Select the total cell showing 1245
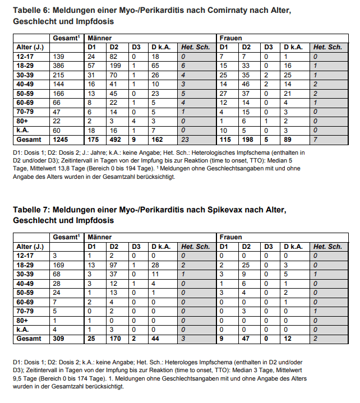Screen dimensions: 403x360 point(59,138)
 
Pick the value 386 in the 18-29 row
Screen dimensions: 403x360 point(58,66)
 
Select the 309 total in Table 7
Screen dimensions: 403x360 point(58,338)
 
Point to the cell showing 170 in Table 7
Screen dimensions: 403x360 point(116,338)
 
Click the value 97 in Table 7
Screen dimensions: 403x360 point(114,265)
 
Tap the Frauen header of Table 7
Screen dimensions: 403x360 point(230,237)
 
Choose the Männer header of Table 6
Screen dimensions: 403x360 point(99,38)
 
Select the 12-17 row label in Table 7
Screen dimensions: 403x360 point(25,256)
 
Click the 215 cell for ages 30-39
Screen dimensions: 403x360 point(58,75)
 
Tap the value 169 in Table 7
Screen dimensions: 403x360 point(58,265)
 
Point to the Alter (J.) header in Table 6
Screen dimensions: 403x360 point(30,47)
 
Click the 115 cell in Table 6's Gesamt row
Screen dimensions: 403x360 point(225,138)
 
